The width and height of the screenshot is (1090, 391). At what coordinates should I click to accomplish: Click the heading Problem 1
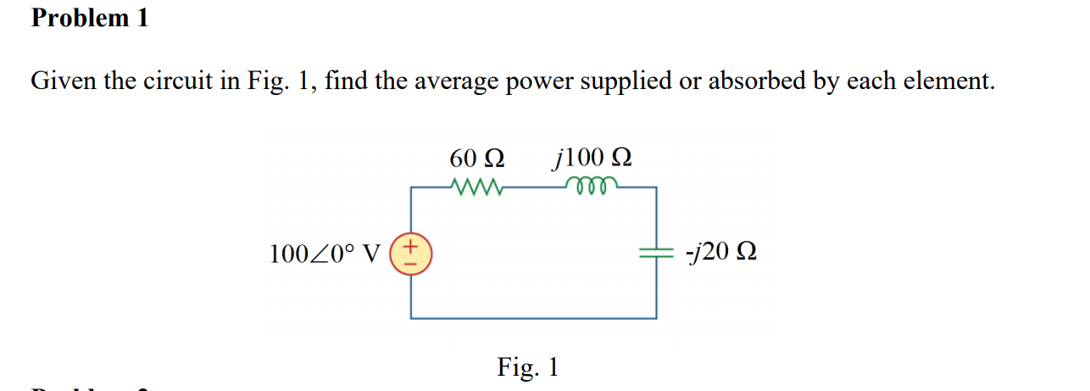coord(90,18)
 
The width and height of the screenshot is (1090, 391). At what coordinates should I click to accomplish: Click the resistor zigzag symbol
coord(479,186)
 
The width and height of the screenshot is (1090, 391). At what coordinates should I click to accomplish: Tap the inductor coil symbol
coord(597,186)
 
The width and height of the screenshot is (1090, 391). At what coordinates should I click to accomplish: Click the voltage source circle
coord(411,254)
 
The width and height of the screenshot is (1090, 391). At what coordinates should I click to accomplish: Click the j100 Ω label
coord(592,158)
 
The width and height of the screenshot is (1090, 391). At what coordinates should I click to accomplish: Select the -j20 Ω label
coord(721,253)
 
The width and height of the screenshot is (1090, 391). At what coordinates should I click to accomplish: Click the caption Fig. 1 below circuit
coord(528,367)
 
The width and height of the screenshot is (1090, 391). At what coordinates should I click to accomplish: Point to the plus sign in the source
coord(411,247)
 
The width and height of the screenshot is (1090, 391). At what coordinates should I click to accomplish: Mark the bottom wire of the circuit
coord(534,318)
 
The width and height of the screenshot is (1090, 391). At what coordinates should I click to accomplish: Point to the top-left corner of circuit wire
coord(412,187)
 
